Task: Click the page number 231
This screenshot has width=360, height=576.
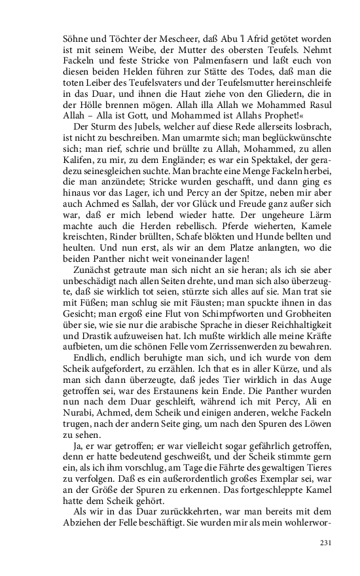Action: pos(327,543)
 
